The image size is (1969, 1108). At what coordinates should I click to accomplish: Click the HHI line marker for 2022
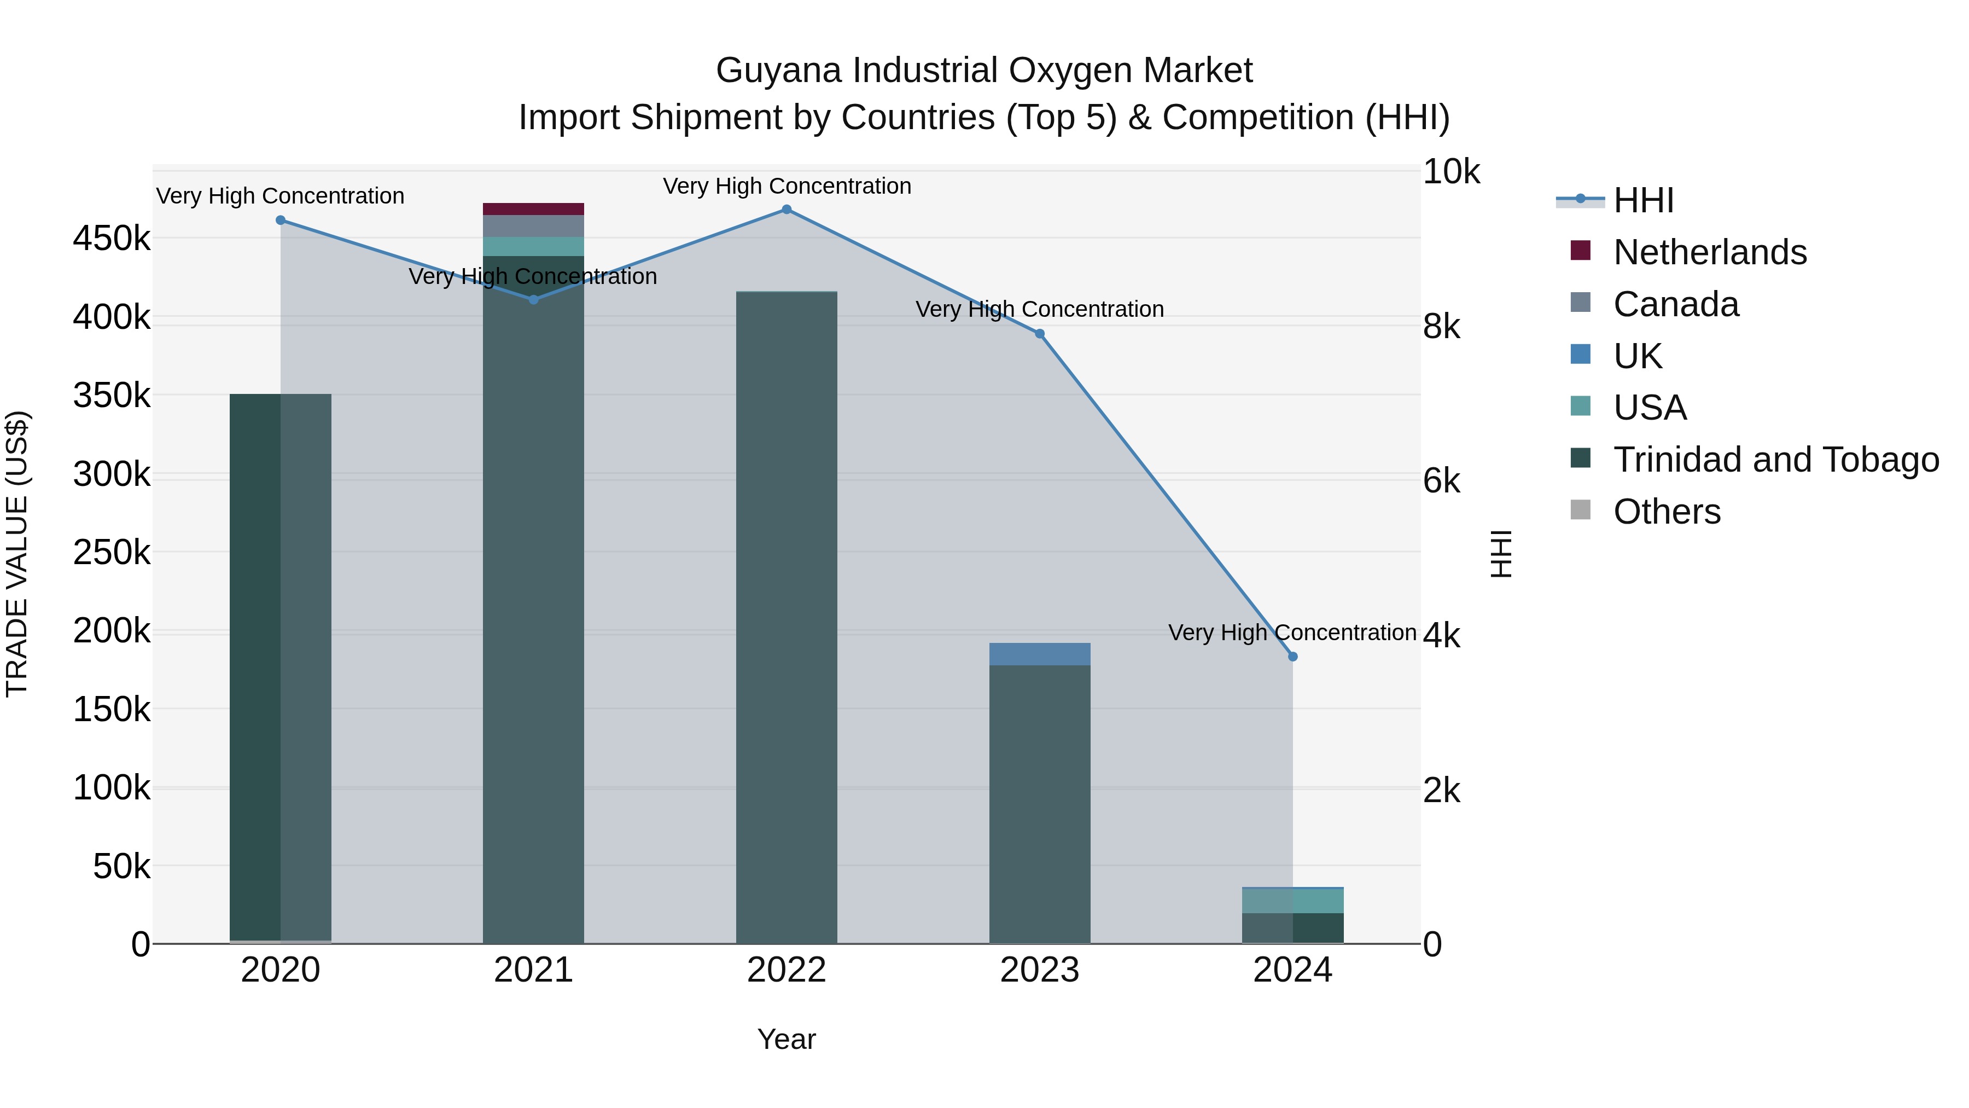point(787,210)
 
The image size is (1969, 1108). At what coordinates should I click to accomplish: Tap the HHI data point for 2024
point(1292,657)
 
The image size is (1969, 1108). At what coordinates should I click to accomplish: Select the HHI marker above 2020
point(281,220)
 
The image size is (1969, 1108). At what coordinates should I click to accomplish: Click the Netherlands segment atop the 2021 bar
point(533,209)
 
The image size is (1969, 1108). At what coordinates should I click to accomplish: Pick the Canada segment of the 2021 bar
point(533,225)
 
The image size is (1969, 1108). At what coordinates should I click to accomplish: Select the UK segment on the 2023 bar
point(1040,654)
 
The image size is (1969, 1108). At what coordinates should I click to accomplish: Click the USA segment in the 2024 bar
point(1292,900)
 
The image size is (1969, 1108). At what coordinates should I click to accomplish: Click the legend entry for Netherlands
point(1709,252)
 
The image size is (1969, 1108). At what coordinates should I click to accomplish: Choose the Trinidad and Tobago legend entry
point(1775,460)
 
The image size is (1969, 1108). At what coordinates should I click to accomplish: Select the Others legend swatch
point(1580,510)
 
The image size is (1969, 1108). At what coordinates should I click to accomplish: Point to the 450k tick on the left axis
point(112,239)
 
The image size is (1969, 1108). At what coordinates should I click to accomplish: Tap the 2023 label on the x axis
point(1040,970)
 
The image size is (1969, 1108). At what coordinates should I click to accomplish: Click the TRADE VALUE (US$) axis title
point(17,554)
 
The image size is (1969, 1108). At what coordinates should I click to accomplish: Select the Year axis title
point(787,1039)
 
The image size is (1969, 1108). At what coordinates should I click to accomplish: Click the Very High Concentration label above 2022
point(787,186)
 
